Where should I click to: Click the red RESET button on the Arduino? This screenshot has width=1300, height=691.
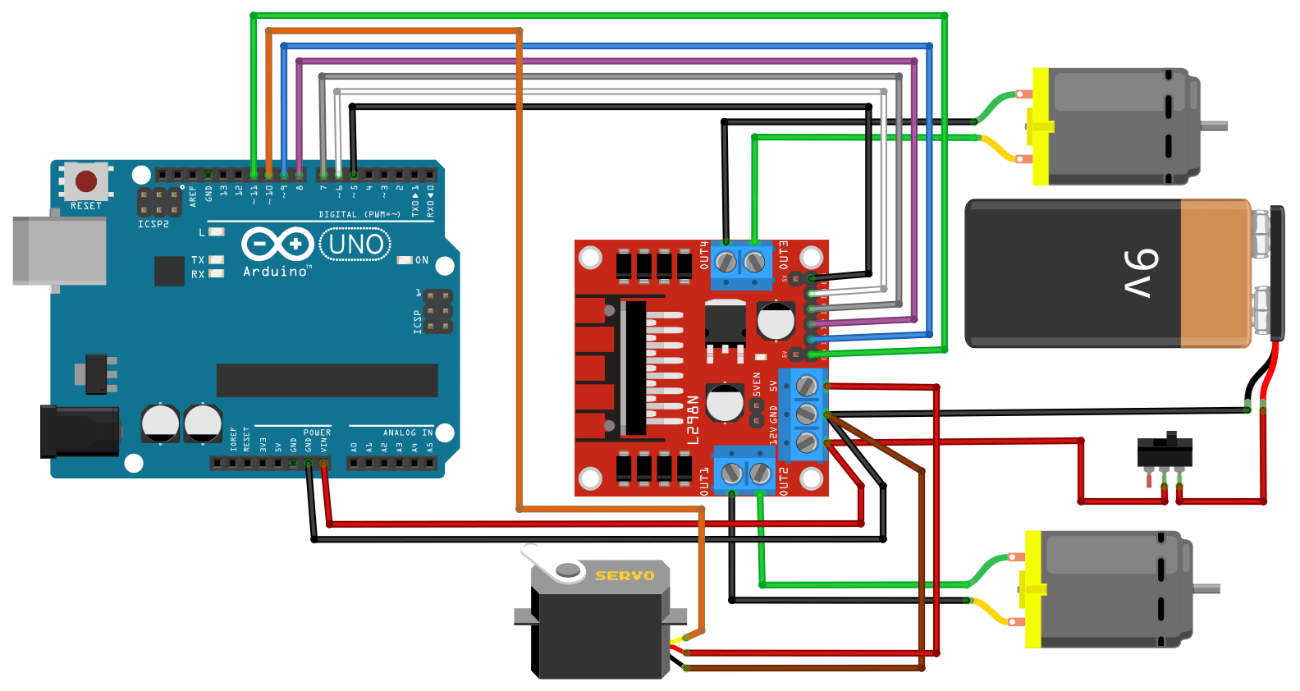(x=86, y=181)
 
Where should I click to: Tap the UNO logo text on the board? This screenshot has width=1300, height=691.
(x=355, y=245)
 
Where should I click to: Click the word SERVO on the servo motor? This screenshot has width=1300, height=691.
(x=625, y=576)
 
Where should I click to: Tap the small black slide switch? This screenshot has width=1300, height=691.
(x=1165, y=451)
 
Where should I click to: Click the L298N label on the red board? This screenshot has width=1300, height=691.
(x=693, y=420)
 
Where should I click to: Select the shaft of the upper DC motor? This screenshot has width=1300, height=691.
(x=1215, y=126)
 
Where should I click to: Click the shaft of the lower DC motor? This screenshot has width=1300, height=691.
(x=1206, y=588)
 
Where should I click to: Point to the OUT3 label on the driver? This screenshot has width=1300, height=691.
(x=783, y=255)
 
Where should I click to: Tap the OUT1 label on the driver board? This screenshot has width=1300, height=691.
(x=704, y=482)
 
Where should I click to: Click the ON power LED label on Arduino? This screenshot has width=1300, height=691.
(x=421, y=260)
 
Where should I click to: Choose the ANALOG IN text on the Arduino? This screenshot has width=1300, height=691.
(x=407, y=432)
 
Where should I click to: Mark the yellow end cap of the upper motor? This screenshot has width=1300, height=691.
(x=1041, y=126)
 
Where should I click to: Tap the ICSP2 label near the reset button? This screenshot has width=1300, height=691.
(x=153, y=224)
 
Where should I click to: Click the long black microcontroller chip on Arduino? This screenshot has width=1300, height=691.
(x=327, y=380)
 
